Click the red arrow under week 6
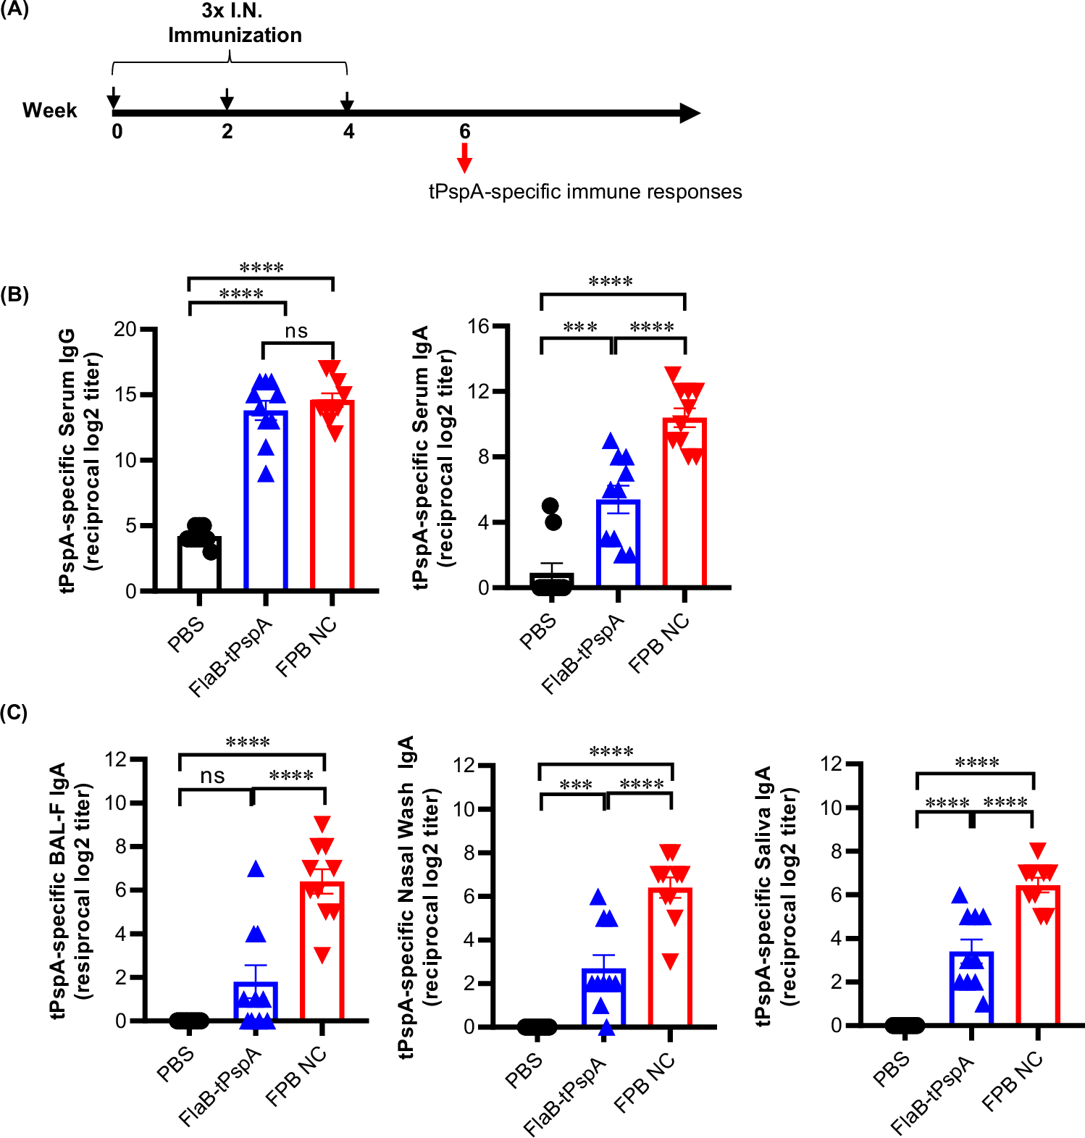[464, 157]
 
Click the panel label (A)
[14, 10]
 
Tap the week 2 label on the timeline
[227, 132]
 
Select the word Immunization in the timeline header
[235, 35]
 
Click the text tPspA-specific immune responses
[585, 192]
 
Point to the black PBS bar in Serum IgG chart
[199, 565]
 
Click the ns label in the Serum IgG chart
[296, 331]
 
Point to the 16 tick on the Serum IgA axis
[478, 327]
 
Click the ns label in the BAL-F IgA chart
[212, 776]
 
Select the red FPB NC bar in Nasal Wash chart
[670, 963]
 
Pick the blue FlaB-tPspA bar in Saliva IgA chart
[971, 992]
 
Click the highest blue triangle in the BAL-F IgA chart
[256, 869]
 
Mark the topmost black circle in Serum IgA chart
[550, 505]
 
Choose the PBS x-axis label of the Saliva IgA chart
[892, 1069]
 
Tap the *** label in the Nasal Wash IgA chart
[576, 785]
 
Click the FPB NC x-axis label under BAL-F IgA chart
[296, 1077]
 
